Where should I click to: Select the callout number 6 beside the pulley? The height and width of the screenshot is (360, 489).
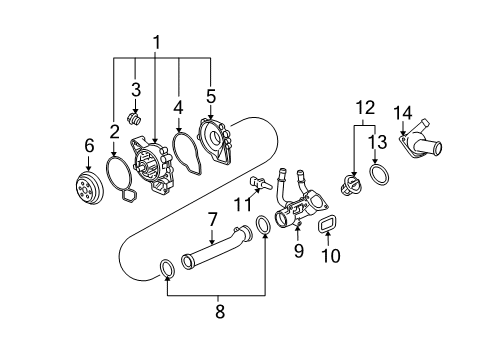click(88, 146)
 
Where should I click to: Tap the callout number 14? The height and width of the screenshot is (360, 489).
click(402, 112)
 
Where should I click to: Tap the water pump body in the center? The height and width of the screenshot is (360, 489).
click(159, 171)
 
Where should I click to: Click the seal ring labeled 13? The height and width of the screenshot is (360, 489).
click(380, 177)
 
